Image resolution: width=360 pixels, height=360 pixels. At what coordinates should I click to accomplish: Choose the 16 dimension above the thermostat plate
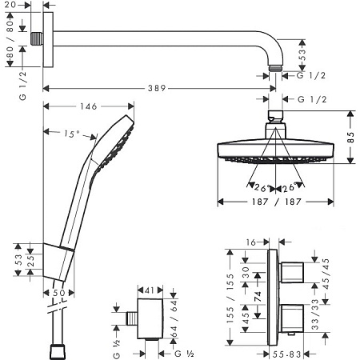(250, 241)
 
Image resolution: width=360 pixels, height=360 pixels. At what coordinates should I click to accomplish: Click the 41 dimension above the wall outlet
(149, 290)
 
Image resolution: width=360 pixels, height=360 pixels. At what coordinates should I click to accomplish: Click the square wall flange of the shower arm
(49, 39)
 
